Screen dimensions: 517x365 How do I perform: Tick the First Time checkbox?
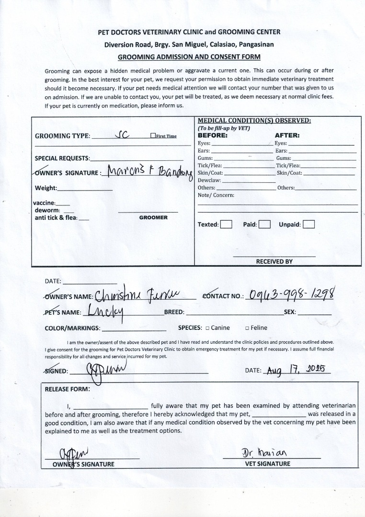coord(153,136)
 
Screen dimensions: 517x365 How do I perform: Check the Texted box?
coord(227,224)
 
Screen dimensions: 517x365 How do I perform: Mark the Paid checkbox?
coord(265,224)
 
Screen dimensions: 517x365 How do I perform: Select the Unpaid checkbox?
coord(309,224)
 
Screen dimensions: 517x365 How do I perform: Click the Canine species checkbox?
coord(207,328)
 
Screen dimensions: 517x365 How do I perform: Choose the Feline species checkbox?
coord(247,328)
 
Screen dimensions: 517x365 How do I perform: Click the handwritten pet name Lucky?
coord(104,312)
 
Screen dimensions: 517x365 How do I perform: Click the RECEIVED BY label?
coord(274,262)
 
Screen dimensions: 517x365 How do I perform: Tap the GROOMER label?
coord(153,217)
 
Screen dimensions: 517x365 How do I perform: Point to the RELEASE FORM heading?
coord(67,389)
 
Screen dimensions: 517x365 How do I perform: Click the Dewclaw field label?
coord(209,180)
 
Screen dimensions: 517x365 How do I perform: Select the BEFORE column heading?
coord(213,135)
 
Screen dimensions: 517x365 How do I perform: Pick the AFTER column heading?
coord(287,135)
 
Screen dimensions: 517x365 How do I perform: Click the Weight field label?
coord(46,188)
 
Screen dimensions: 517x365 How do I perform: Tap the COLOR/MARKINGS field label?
coord(72,328)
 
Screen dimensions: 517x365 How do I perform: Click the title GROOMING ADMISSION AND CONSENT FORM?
coord(189,57)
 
